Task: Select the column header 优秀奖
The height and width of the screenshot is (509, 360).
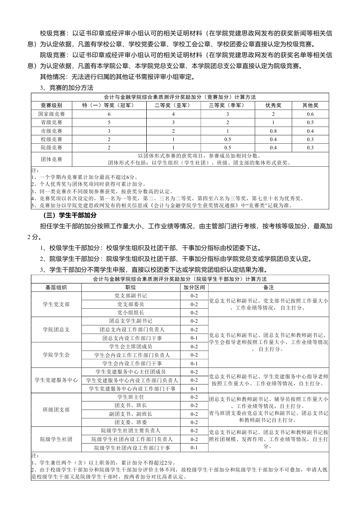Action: [273, 106]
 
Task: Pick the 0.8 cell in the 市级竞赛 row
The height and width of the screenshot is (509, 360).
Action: [273, 131]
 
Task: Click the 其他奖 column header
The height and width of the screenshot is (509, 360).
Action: [310, 106]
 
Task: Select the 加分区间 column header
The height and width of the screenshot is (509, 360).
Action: [194, 287]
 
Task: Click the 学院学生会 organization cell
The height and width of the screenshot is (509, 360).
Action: [56, 355]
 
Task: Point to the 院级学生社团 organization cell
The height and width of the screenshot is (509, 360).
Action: [56, 439]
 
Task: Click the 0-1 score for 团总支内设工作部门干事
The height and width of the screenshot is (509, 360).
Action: [194, 338]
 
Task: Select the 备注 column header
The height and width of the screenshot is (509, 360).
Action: [269, 287]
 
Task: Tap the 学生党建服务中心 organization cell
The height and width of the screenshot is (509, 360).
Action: [56, 380]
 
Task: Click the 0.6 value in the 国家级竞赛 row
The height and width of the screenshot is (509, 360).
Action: [310, 114]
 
